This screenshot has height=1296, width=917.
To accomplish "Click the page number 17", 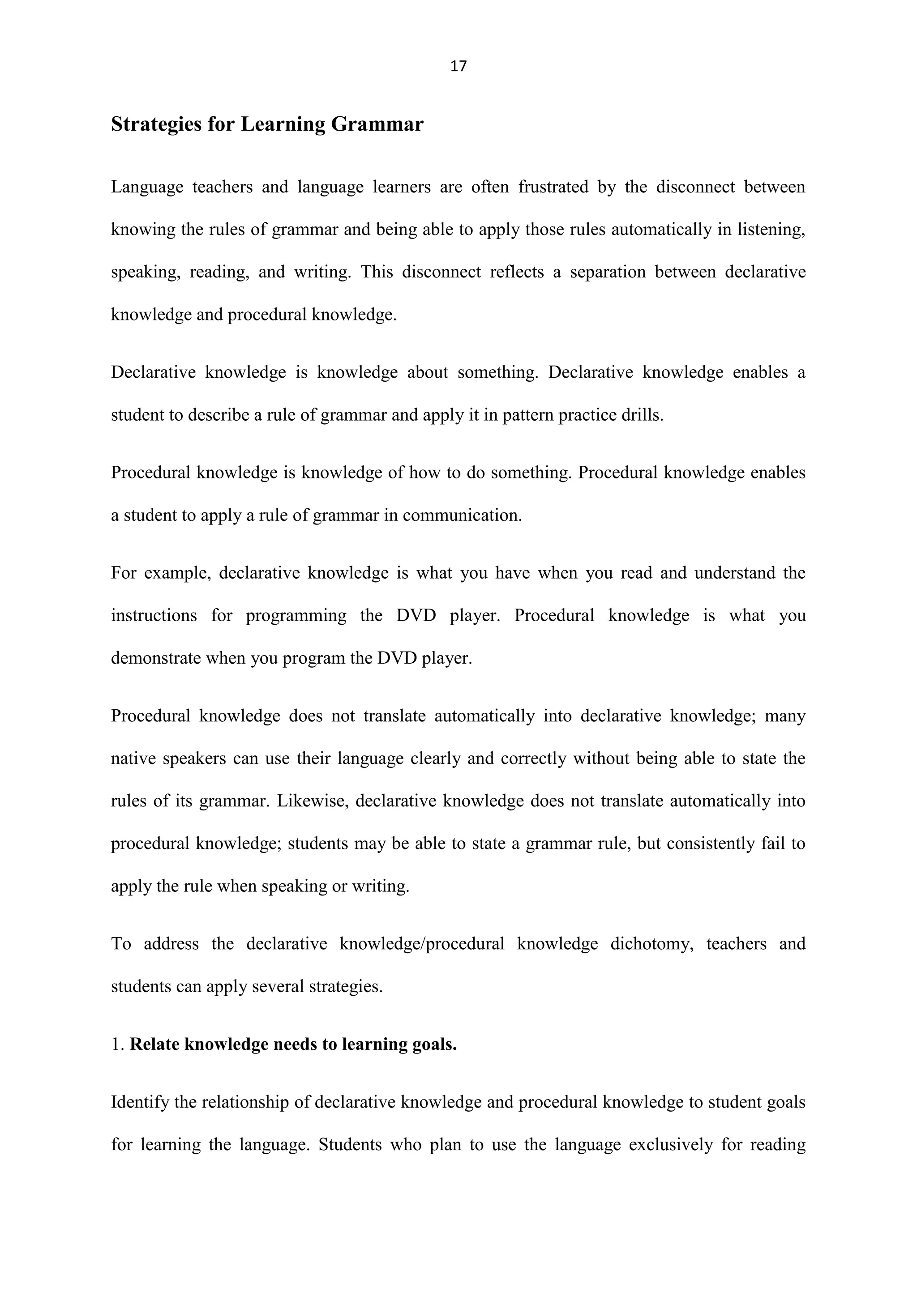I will click(x=458, y=67).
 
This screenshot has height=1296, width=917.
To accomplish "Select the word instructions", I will click(x=154, y=615).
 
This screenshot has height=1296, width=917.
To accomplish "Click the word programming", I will click(x=296, y=616).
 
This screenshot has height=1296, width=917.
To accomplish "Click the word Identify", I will click(x=139, y=1102).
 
